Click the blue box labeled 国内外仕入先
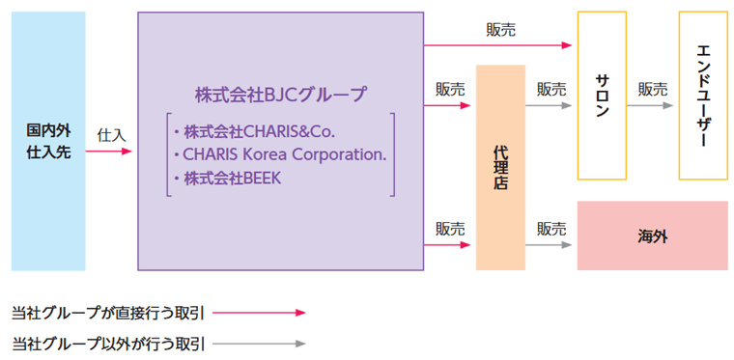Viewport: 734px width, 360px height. click(x=48, y=141)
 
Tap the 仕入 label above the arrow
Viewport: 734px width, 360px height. click(x=112, y=135)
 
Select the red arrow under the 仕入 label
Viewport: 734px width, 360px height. click(x=113, y=152)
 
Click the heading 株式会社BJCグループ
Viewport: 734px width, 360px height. click(x=281, y=95)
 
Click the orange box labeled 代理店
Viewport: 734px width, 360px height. click(x=500, y=167)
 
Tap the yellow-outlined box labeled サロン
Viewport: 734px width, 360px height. click(x=602, y=96)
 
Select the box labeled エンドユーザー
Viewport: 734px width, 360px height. click(x=703, y=96)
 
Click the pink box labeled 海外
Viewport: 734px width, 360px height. click(x=653, y=235)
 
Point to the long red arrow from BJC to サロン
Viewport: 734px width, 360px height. click(x=498, y=45)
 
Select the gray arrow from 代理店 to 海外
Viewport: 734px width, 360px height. click(x=551, y=245)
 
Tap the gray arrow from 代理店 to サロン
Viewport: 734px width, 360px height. click(x=551, y=104)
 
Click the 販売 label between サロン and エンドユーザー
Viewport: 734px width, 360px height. click(x=652, y=89)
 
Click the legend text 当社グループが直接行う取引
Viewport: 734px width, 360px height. click(x=108, y=313)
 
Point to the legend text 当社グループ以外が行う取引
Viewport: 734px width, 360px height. click(x=108, y=343)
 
